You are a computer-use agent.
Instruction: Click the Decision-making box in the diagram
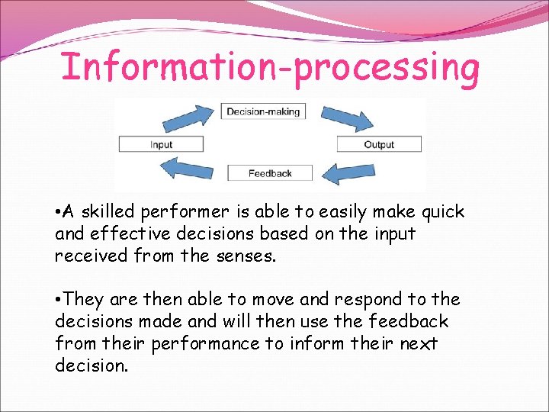click(x=263, y=111)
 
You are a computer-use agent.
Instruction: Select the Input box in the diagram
click(x=161, y=144)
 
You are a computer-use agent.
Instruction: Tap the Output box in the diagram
click(x=379, y=144)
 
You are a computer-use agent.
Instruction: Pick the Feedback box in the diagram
click(x=270, y=173)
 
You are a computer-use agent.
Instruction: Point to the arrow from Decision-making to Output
click(x=345, y=119)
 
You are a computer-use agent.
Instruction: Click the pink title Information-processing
click(x=270, y=67)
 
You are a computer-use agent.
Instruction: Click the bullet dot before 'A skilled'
click(x=58, y=211)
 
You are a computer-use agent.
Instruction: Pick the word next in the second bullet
click(x=419, y=343)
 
